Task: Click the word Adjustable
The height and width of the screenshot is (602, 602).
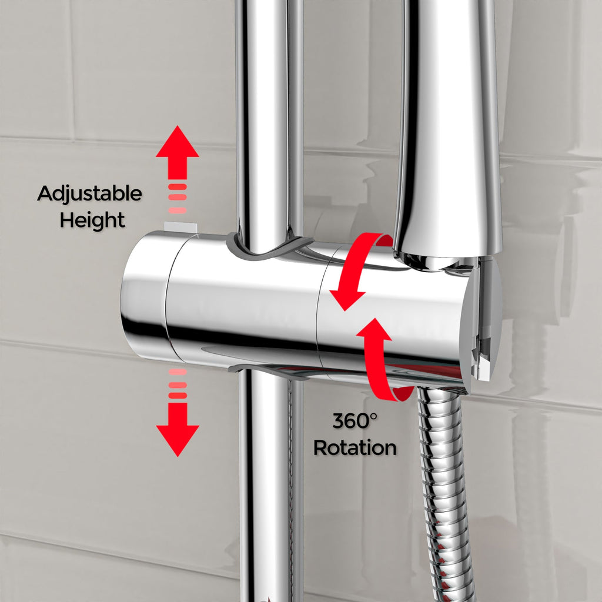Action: point(89,193)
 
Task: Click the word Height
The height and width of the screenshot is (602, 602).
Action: point(92,220)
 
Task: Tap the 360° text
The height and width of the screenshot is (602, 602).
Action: point(354,421)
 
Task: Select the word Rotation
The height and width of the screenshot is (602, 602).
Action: point(354,447)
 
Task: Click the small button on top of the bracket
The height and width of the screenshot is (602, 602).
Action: point(180,228)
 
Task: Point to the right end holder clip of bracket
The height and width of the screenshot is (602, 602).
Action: point(482,319)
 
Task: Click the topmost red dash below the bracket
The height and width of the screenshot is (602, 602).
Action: point(178,372)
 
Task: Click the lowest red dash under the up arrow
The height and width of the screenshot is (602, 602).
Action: point(178,210)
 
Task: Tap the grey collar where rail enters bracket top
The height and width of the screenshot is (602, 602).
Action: point(269,249)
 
